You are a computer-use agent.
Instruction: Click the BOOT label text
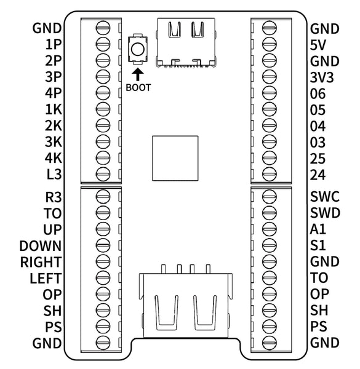(x=138, y=87)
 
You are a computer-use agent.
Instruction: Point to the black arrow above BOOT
(x=137, y=74)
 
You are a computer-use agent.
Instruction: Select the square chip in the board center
(x=175, y=158)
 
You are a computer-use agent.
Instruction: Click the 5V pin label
(x=318, y=45)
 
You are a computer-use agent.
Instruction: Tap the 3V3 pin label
(x=322, y=77)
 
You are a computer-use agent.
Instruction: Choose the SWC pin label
(x=325, y=197)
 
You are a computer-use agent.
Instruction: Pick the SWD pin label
(x=325, y=213)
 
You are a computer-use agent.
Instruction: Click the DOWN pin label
(x=41, y=246)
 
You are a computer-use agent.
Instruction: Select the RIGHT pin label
(x=41, y=262)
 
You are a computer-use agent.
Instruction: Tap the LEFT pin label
(x=46, y=278)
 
